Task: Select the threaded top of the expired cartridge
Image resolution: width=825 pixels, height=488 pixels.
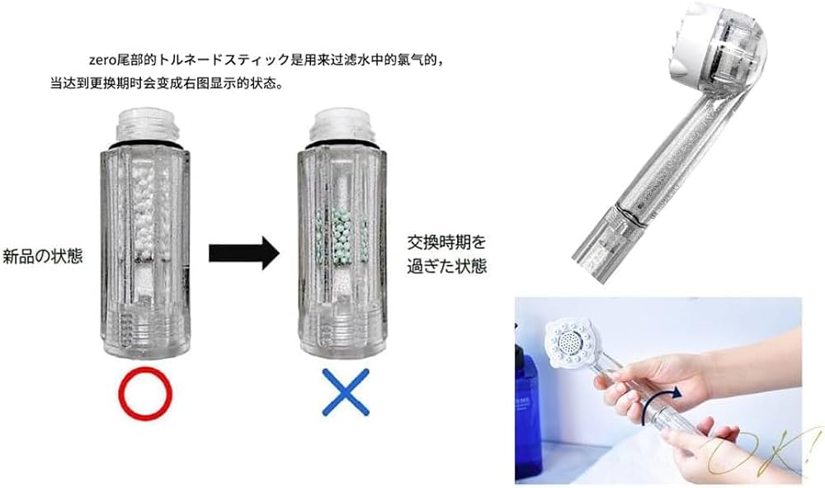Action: [x=340, y=125]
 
